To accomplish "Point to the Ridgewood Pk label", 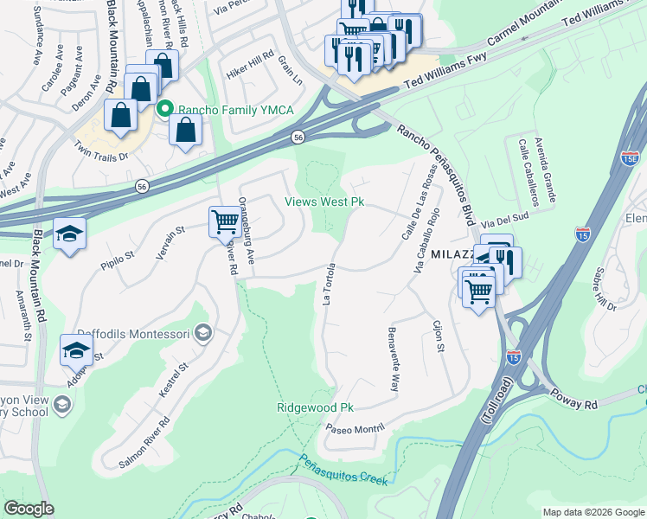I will pos(316,407).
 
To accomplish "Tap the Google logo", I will pos(29,509).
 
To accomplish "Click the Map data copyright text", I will pos(593,512).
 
